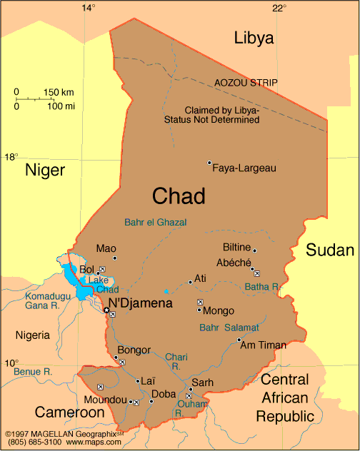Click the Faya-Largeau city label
(x=244, y=168)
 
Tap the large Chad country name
(x=179, y=196)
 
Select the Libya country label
(x=254, y=39)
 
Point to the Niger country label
(x=45, y=169)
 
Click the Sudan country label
(x=330, y=250)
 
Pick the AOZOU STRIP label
(x=246, y=83)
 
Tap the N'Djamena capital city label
(x=141, y=303)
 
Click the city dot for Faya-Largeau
(x=209, y=163)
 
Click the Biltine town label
(x=237, y=248)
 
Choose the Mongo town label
(x=219, y=311)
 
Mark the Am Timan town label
(x=263, y=345)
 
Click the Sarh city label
(x=202, y=382)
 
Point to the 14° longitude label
(x=88, y=8)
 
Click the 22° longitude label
(x=279, y=8)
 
